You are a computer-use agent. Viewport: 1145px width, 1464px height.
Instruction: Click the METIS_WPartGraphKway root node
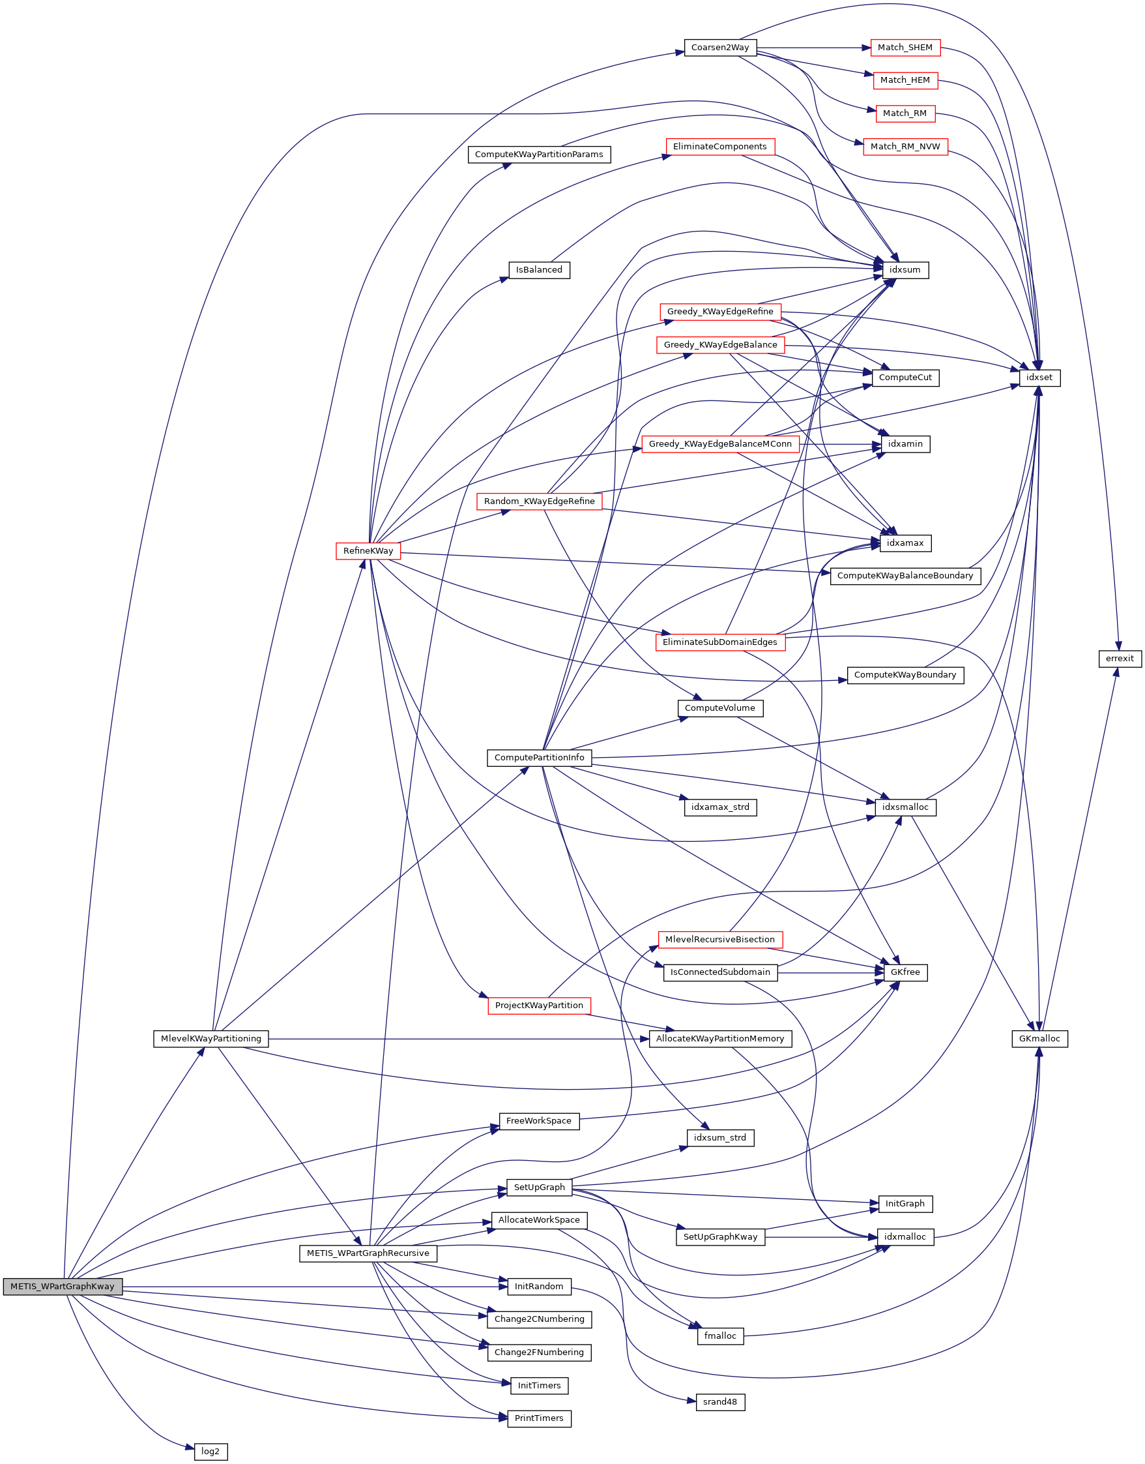click(63, 1286)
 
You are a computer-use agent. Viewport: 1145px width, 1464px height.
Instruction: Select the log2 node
click(210, 1451)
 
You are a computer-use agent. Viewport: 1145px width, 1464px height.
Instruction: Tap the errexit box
click(1120, 659)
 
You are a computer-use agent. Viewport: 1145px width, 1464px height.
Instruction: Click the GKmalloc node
click(1039, 1038)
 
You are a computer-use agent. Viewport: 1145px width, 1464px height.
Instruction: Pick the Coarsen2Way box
click(720, 48)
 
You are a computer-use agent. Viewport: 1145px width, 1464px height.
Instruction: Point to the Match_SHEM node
click(905, 48)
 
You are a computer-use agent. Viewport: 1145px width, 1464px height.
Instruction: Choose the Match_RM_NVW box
click(905, 147)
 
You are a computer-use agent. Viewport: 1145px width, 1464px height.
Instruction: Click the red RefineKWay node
click(368, 550)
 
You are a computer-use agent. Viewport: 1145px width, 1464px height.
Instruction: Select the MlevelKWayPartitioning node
click(211, 1038)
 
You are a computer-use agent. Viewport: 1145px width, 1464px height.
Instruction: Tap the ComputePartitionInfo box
click(539, 757)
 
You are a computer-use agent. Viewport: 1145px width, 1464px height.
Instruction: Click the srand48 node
click(720, 1401)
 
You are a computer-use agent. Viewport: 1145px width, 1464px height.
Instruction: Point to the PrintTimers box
click(539, 1418)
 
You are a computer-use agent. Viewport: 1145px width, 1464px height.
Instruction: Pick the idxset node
click(1039, 378)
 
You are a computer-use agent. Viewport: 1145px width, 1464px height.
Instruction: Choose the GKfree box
click(905, 972)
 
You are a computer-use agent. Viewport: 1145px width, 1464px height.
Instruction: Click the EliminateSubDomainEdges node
click(720, 642)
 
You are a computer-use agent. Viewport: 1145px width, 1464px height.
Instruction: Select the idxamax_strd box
click(720, 807)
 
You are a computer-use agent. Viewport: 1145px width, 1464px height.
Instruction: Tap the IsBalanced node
click(539, 269)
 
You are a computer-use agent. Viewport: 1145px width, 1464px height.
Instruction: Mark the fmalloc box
click(720, 1336)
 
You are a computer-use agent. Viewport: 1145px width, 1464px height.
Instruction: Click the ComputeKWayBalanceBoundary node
click(905, 575)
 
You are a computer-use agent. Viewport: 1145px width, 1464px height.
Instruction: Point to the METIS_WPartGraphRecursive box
click(368, 1253)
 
